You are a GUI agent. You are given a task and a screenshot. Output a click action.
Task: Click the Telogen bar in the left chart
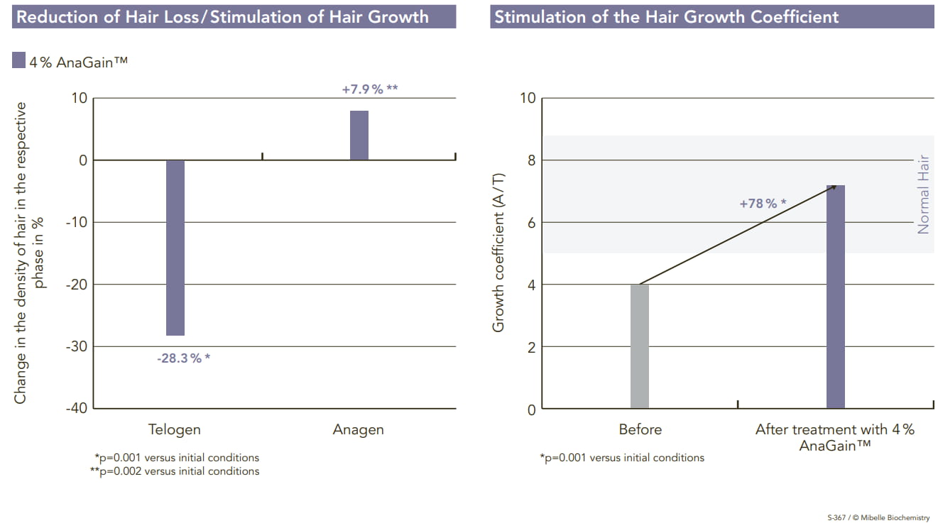(175, 248)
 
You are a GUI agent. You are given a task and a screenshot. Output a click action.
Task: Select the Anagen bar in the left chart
(359, 136)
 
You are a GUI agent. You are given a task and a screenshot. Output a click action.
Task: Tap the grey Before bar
(640, 346)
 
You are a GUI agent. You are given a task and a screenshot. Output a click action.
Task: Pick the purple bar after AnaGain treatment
(836, 297)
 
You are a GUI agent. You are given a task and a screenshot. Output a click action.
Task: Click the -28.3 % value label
(184, 358)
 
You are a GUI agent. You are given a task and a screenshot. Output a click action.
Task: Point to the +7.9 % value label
(369, 89)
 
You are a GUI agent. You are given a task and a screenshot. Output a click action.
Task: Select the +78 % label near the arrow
(763, 204)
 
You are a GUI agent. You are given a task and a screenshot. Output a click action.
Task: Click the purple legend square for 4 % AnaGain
(19, 62)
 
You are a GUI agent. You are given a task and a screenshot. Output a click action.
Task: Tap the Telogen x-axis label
(175, 429)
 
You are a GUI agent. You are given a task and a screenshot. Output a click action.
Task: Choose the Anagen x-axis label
(359, 429)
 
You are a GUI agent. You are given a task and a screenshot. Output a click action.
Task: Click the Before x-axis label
(640, 429)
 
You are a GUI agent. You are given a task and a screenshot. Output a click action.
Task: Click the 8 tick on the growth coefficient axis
(529, 160)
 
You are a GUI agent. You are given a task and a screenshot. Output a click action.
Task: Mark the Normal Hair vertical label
(923, 194)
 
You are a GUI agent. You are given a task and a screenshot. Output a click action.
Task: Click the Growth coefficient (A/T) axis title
(498, 253)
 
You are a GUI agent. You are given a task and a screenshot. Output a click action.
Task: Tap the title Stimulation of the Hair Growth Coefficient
(667, 17)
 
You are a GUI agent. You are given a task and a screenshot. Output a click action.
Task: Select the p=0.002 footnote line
(176, 471)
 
